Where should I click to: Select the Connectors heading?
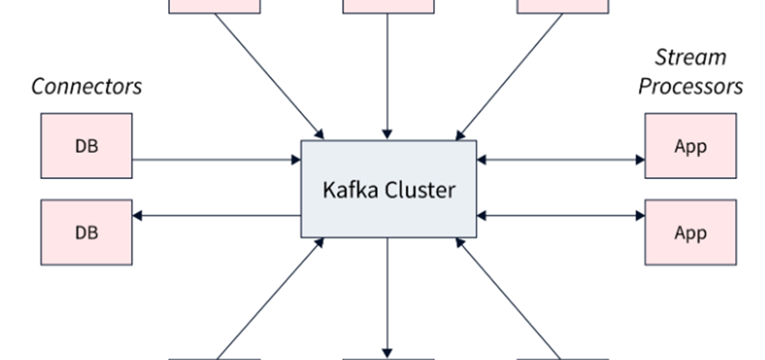(86, 87)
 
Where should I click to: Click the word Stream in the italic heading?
(690, 58)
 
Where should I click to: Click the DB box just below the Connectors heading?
(86, 145)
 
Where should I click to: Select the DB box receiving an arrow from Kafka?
(86, 232)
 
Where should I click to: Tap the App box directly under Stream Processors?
(690, 145)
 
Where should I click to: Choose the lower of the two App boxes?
(690, 232)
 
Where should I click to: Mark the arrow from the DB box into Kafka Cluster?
(216, 160)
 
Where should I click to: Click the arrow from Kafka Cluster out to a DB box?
(216, 215)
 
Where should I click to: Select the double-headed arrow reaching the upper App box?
(561, 160)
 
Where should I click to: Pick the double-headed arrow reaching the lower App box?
(561, 215)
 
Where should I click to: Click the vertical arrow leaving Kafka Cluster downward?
(388, 297)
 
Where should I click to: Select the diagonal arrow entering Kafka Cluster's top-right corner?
(511, 74)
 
